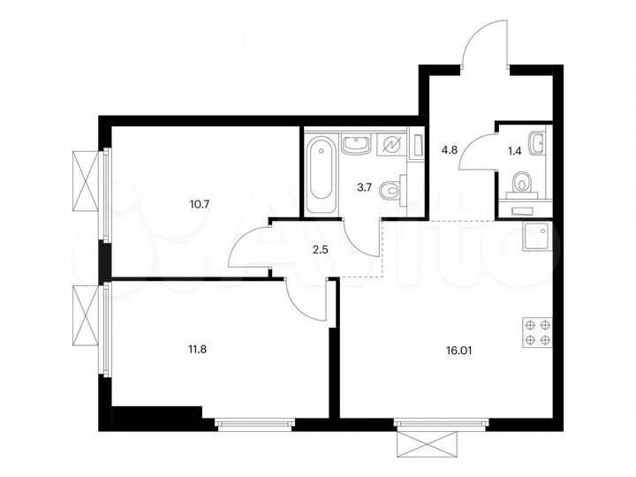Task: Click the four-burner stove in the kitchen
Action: pos(537,333)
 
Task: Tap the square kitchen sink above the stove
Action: pos(536,237)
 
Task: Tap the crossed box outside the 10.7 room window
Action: pos(87,180)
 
